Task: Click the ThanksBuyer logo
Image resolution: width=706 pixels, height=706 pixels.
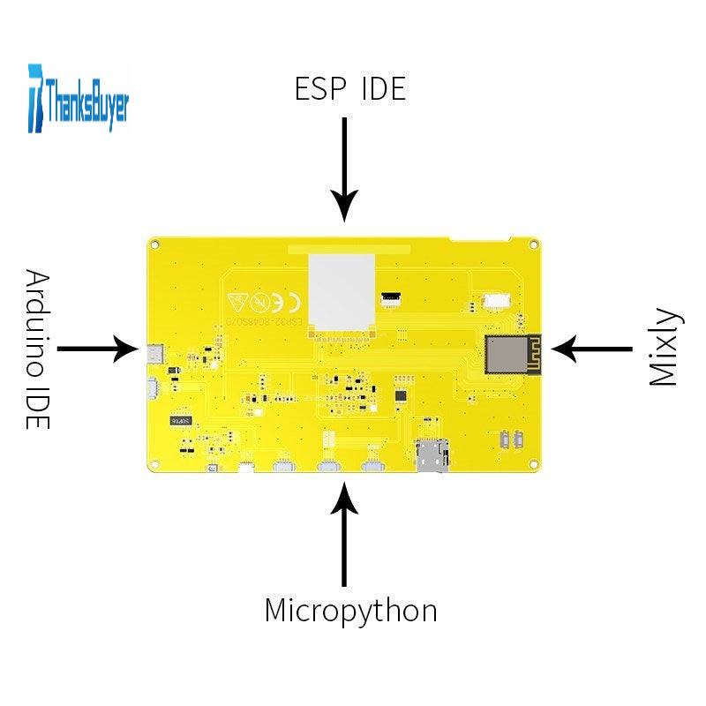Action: (79, 98)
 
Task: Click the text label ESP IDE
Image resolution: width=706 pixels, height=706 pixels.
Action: (349, 89)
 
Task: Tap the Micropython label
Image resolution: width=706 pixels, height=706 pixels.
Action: (350, 611)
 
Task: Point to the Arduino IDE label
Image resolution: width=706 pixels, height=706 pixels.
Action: (36, 349)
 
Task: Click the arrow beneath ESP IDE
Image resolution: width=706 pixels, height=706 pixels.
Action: (344, 169)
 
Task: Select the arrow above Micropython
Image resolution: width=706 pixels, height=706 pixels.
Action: (344, 539)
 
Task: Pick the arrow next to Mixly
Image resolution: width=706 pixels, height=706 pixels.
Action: (592, 349)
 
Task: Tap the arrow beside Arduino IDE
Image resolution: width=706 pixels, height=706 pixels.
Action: (98, 349)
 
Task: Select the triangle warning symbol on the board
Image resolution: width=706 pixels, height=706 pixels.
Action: (237, 300)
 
